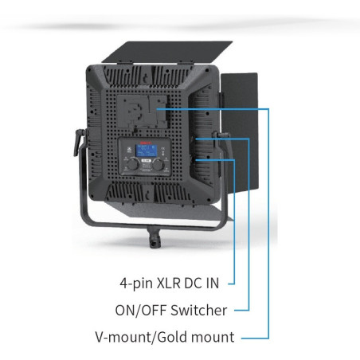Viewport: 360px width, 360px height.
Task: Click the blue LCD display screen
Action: [x=147, y=151]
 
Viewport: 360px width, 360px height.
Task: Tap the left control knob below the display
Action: [x=133, y=164]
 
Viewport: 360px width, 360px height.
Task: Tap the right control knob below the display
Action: [x=158, y=164]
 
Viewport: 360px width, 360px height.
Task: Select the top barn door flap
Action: [x=167, y=52]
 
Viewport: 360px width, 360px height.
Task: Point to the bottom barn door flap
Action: [x=170, y=209]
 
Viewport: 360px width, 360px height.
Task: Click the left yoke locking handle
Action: [x=79, y=142]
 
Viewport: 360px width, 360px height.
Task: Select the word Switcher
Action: [x=198, y=310]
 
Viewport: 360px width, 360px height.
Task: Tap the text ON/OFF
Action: [x=141, y=310]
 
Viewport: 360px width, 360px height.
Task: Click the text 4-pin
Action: [x=136, y=284]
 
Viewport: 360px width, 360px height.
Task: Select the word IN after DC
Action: [x=213, y=283]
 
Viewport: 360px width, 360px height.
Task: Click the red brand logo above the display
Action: [x=147, y=143]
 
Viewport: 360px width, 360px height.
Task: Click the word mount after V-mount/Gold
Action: [x=213, y=337]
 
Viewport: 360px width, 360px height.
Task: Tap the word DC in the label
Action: [x=194, y=283]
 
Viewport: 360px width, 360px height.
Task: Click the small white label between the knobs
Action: [x=146, y=160]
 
